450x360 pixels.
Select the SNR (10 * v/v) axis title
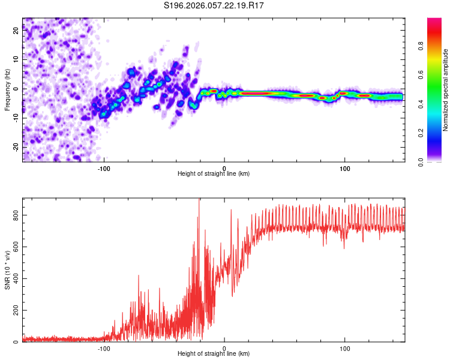(7, 270)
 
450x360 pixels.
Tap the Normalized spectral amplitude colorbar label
(446, 90)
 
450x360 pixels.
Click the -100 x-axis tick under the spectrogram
(104, 168)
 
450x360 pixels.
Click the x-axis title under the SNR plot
(214, 355)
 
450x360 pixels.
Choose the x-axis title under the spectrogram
(214, 174)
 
